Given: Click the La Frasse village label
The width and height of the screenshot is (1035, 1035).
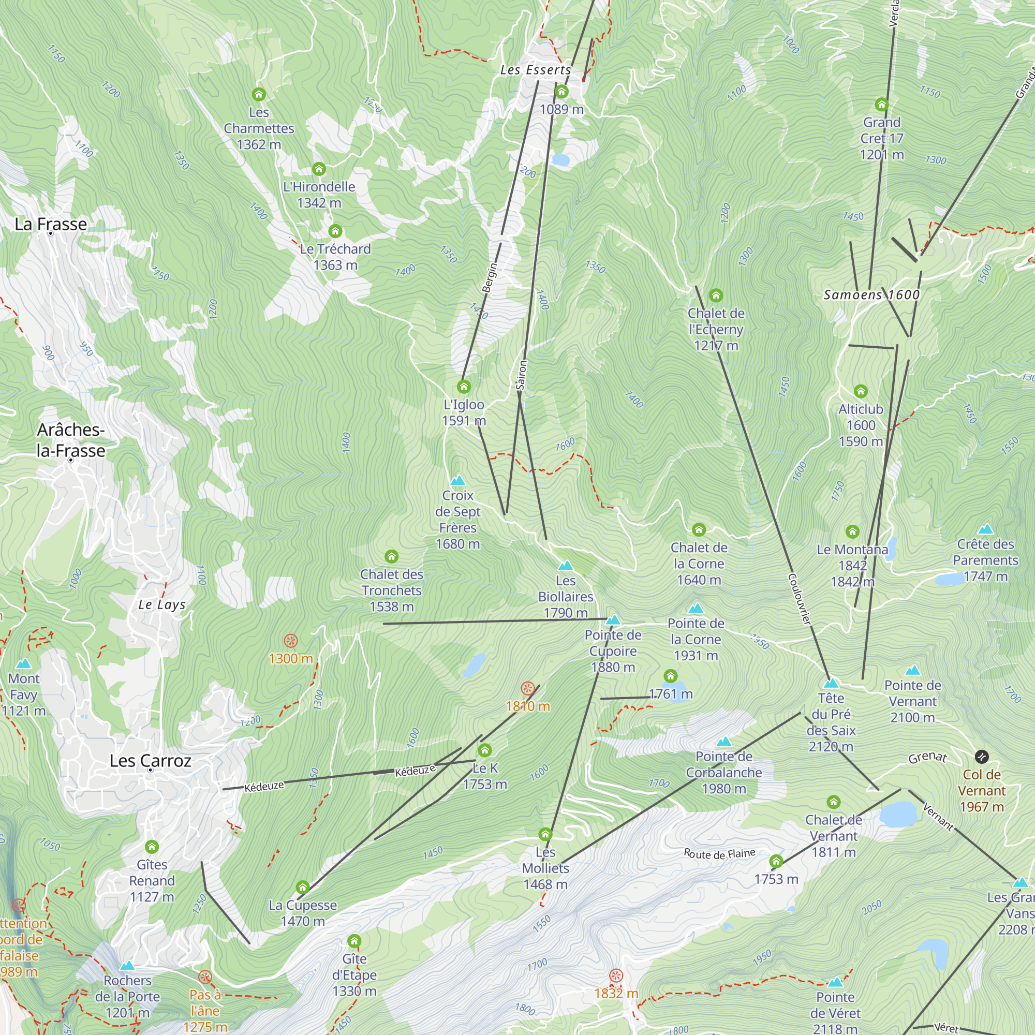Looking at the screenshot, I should [x=51, y=224].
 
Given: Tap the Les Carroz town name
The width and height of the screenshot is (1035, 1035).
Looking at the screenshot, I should [x=150, y=761].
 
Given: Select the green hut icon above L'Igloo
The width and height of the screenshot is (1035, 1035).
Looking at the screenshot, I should [x=463, y=386].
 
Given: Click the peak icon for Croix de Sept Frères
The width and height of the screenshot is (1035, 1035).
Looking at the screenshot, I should [x=457, y=481].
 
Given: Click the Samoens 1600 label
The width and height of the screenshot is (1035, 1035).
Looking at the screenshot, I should [x=871, y=294].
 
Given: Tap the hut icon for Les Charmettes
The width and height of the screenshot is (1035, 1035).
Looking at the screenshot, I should [x=259, y=95].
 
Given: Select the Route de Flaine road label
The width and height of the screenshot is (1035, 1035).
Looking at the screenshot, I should [x=719, y=853].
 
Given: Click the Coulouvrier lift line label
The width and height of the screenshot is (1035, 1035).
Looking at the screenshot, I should [x=800, y=599].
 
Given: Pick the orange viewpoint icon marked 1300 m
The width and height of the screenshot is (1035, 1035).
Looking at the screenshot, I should [x=290, y=641].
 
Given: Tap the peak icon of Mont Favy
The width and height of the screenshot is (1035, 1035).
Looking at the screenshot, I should [x=24, y=664].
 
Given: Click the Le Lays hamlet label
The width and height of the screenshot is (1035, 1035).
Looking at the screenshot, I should [x=162, y=605].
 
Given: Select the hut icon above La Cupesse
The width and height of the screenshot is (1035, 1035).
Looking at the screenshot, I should [x=303, y=887].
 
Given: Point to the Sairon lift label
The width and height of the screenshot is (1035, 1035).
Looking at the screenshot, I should [x=521, y=375].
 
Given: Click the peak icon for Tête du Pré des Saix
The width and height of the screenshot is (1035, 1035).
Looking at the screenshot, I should [x=831, y=684].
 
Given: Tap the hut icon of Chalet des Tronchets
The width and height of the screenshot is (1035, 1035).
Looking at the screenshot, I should [x=392, y=557].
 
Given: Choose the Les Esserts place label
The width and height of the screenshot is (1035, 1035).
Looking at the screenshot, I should [x=535, y=70].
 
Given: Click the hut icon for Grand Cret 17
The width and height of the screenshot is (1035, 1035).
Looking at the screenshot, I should [x=881, y=105].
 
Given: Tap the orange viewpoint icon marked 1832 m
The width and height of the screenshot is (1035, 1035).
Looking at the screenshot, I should [x=616, y=975].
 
